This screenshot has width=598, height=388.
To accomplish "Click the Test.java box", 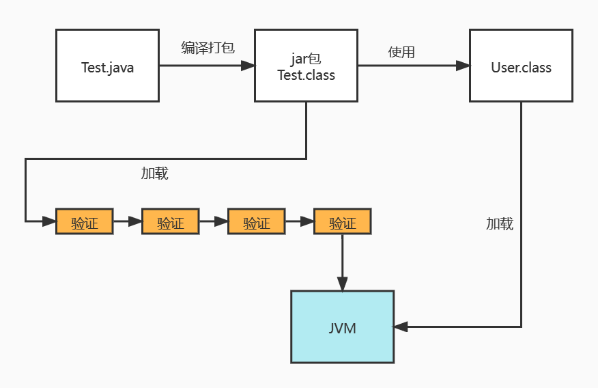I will pyautogui.click(x=107, y=66).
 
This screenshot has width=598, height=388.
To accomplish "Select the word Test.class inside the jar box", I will pyautogui.click(x=306, y=75).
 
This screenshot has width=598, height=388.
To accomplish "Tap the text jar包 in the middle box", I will pyautogui.click(x=306, y=60).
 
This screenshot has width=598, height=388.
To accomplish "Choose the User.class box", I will pyautogui.click(x=521, y=66).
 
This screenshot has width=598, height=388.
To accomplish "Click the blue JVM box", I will pyautogui.click(x=342, y=327).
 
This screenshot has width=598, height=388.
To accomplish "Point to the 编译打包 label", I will pyautogui.click(x=208, y=48).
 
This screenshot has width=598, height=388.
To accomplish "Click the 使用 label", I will pyautogui.click(x=401, y=52).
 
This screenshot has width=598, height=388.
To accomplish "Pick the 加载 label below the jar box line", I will pyautogui.click(x=155, y=174).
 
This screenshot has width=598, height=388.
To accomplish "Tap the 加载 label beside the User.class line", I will pyautogui.click(x=500, y=223).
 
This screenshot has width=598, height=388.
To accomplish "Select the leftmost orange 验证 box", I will pyautogui.click(x=84, y=222).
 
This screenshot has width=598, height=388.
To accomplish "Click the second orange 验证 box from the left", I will pyautogui.click(x=170, y=222).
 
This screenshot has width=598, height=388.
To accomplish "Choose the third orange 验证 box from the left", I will pyautogui.click(x=256, y=222).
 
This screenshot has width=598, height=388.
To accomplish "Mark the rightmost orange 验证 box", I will pyautogui.click(x=342, y=222).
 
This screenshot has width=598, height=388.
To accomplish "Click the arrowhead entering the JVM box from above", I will pyautogui.click(x=342, y=283).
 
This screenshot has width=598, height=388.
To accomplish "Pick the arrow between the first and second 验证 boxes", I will pyautogui.click(x=127, y=221).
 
